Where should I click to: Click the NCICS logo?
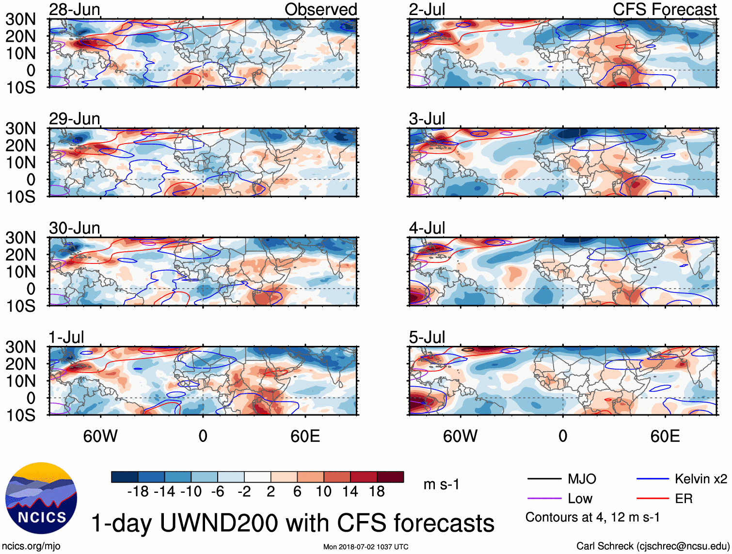41,498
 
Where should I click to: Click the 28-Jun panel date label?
74,9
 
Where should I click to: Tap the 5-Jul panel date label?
427,337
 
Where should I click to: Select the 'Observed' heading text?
320,9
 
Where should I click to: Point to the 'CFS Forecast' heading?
664,9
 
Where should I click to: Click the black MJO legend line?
544,479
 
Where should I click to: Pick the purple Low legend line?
544,499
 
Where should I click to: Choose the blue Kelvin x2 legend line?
652,479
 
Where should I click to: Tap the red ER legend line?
652,499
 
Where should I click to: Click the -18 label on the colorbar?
138,492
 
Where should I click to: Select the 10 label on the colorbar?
323,492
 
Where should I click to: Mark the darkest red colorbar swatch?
390,477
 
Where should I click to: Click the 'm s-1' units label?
441,485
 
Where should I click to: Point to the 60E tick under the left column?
305,436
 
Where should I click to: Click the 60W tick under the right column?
460,436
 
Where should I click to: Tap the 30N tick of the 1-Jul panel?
21,347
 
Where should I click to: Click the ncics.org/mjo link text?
31,546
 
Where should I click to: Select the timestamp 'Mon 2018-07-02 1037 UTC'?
366,547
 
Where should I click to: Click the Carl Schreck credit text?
652,546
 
